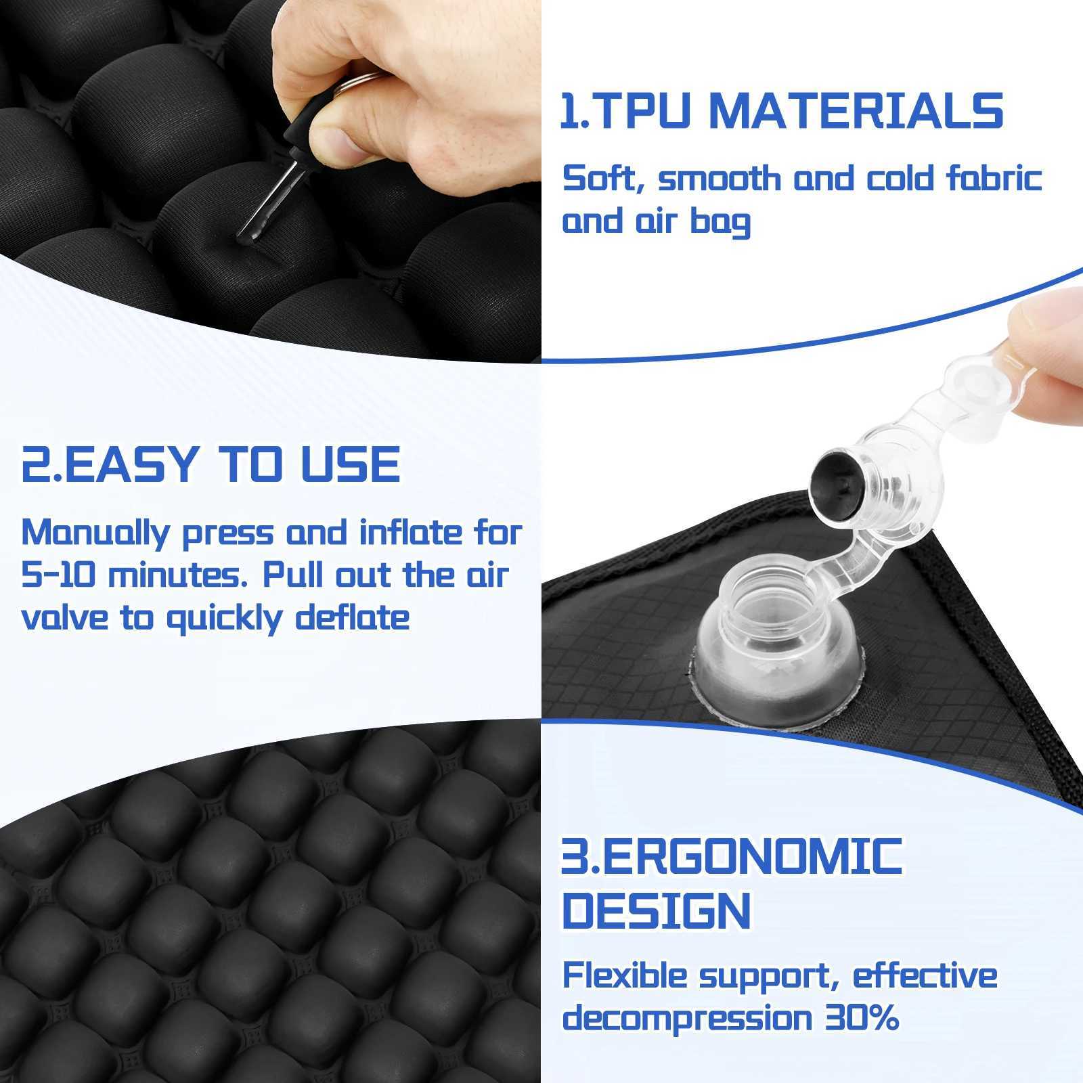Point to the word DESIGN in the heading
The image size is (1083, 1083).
coord(657,910)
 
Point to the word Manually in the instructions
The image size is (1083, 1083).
coord(95,533)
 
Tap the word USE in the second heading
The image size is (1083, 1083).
coord(351,464)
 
